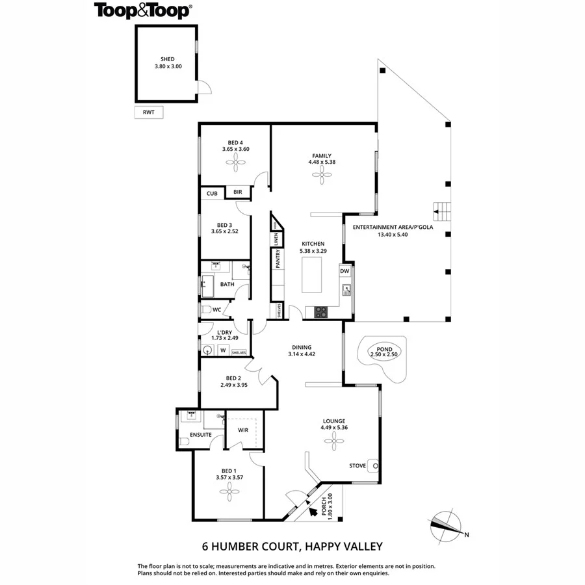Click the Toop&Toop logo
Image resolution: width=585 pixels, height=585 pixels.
click(143, 10)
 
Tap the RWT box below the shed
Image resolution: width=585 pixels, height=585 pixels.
click(149, 112)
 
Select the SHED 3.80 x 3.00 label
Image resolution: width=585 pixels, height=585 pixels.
click(168, 62)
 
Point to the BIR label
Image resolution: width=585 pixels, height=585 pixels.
click(238, 192)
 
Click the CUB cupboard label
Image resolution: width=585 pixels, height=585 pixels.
click(212, 193)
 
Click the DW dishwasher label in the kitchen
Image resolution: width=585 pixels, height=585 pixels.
click(345, 271)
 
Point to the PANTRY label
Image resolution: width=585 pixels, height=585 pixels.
click(278, 259)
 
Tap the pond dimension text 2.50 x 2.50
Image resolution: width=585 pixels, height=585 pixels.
click(383, 354)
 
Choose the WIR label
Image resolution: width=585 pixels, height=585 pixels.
click(244, 430)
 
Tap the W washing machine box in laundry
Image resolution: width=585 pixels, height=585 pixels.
click(223, 351)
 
